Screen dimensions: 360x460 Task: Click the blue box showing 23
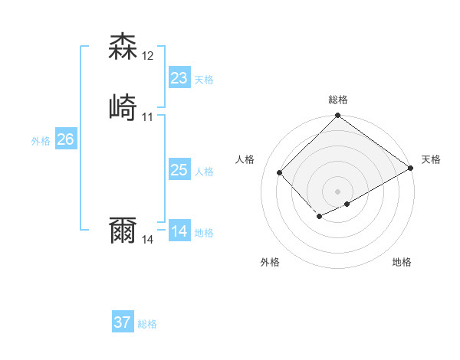click(179, 78)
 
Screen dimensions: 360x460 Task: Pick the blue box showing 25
click(179, 170)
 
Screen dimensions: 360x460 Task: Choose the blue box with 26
click(65, 139)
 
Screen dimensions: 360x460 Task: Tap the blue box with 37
click(122, 322)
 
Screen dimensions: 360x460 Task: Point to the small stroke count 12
click(148, 56)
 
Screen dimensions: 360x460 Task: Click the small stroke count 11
click(148, 117)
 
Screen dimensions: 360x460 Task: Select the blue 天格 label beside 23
click(204, 80)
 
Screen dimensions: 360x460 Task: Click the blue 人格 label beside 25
click(204, 172)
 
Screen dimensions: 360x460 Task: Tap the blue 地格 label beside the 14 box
click(204, 233)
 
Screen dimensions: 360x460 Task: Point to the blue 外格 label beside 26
click(41, 141)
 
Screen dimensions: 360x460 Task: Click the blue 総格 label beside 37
click(147, 324)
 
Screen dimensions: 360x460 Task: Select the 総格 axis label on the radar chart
click(338, 100)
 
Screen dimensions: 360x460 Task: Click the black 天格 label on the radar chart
click(431, 159)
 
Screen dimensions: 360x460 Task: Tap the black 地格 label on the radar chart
click(402, 262)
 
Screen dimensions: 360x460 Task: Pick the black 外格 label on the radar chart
click(270, 262)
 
